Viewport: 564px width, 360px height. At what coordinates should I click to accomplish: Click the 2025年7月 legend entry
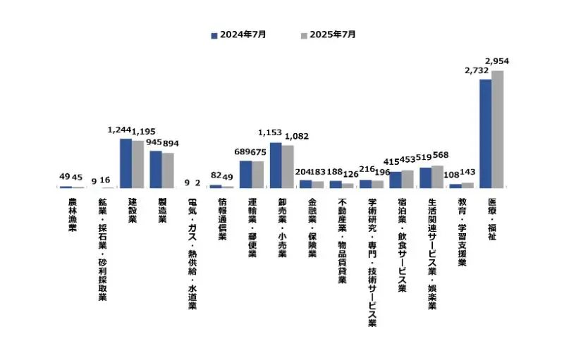coord(328,34)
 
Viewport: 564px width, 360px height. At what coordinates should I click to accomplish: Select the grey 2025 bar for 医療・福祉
coord(498,129)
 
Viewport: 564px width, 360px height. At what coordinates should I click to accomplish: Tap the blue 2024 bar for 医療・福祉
coord(486,134)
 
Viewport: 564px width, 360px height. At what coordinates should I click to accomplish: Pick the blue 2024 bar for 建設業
coord(125,163)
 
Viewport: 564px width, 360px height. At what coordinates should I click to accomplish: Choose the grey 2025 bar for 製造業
coord(168,170)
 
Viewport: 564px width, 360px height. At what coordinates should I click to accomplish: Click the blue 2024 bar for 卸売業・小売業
coord(276,166)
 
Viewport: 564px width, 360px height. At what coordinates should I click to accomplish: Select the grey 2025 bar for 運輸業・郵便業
coord(258,175)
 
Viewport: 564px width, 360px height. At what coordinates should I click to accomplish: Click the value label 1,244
coord(120,130)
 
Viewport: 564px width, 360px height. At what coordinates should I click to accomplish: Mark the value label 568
coord(439,156)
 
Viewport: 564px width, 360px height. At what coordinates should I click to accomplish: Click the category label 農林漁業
coord(72,216)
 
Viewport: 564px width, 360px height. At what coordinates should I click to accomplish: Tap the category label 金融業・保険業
coord(312,228)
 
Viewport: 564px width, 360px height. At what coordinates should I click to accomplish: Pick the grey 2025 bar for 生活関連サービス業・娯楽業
coord(438,177)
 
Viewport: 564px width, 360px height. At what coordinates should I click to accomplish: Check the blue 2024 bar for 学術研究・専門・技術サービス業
coord(365,184)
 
